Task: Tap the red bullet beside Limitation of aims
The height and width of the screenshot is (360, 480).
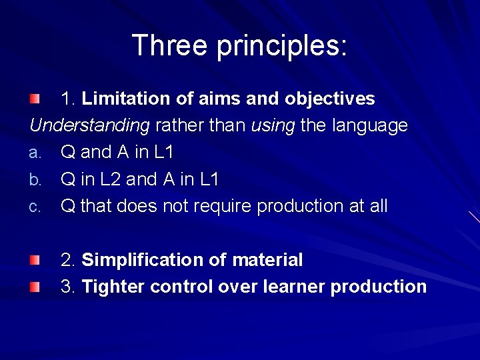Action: coord(34,99)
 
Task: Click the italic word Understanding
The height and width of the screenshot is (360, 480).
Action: coord(89,126)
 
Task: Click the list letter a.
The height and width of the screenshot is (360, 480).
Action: coord(35,153)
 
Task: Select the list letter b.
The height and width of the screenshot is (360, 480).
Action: coord(35,180)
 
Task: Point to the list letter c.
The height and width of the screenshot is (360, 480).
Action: coord(35,207)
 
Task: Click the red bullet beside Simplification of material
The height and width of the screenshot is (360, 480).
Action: coord(34,259)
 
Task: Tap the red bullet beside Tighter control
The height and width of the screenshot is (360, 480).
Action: coord(34,287)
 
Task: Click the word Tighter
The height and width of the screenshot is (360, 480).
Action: coord(113,287)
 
